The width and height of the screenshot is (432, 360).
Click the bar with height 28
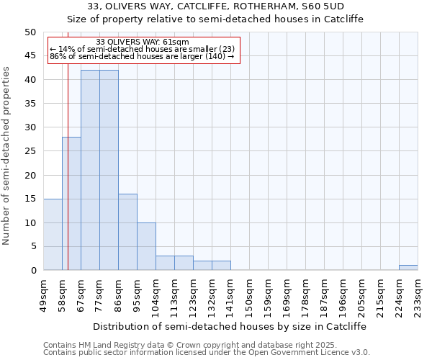[71, 203]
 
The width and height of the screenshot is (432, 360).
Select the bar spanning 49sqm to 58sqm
[53, 234]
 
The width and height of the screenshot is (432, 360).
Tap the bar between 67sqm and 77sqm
[90, 170]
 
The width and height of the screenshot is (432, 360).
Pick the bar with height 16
[127, 232]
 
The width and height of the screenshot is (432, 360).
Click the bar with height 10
[146, 246]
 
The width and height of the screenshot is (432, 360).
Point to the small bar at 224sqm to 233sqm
[408, 268]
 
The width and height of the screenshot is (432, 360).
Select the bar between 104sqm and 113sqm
[165, 263]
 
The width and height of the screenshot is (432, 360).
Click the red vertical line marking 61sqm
[68, 180]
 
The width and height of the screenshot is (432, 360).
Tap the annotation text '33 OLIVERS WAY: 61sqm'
[142, 42]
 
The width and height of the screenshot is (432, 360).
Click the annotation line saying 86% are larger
[142, 56]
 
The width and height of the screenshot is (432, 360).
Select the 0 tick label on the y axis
[32, 271]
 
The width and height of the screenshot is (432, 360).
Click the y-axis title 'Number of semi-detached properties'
[7, 156]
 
